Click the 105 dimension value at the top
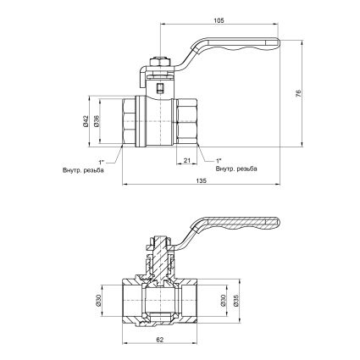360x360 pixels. click(219, 20)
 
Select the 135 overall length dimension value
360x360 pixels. click(202, 180)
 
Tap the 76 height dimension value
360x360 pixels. click(299, 93)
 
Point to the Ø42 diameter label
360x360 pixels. click(86, 121)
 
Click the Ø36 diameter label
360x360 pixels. click(97, 121)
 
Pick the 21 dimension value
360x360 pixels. click(186, 160)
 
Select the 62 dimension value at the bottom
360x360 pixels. click(159, 340)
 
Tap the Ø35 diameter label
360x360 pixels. click(236, 300)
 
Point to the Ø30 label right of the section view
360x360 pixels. click(223, 300)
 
